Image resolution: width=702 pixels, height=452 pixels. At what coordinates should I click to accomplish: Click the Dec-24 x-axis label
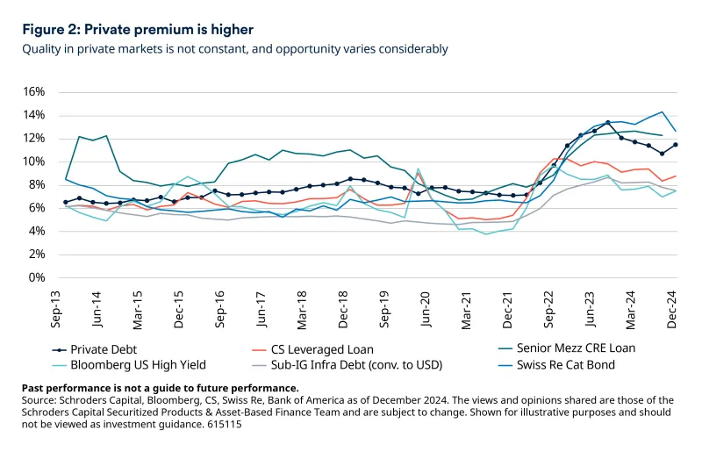point(673,308)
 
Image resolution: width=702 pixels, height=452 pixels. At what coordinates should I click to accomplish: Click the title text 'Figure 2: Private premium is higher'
point(138,29)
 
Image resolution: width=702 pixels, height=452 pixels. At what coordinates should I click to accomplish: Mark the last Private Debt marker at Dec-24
point(675,145)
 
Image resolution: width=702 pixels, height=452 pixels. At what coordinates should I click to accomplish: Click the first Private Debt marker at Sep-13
point(66,202)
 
